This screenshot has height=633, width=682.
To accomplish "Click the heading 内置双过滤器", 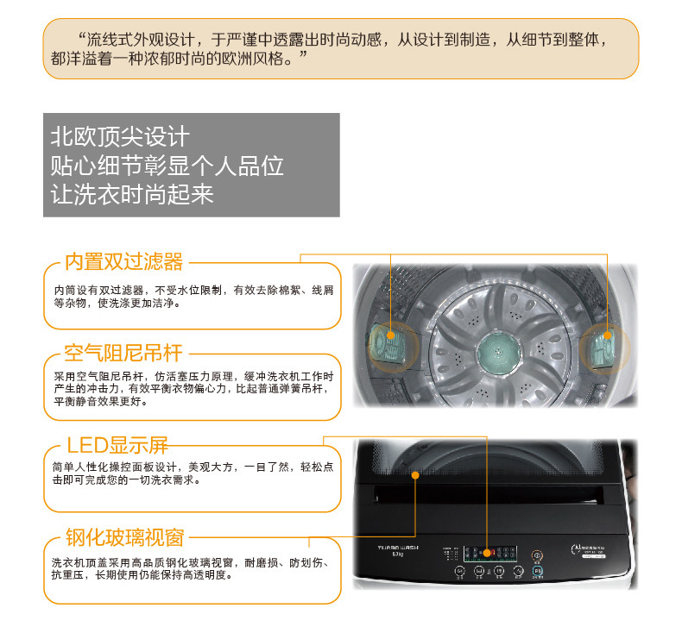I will pyautogui.click(x=124, y=260).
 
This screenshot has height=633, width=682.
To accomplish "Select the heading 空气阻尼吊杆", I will pyautogui.click(x=124, y=353).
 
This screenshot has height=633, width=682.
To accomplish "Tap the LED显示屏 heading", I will pyautogui.click(x=117, y=445).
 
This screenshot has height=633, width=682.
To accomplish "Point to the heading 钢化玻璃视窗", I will pyautogui.click(x=124, y=537).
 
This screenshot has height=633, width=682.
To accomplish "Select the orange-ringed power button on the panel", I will pyautogui.click(x=538, y=555).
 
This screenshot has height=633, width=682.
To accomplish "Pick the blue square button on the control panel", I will pyautogui.click(x=537, y=570).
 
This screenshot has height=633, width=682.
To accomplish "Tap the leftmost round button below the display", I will pyautogui.click(x=459, y=571).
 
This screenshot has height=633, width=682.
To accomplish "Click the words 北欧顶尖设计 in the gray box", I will pyautogui.click(x=119, y=137).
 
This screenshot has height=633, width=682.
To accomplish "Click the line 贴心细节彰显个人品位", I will pyautogui.click(x=167, y=166).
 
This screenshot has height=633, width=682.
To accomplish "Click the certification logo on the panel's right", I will pyautogui.click(x=577, y=548).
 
